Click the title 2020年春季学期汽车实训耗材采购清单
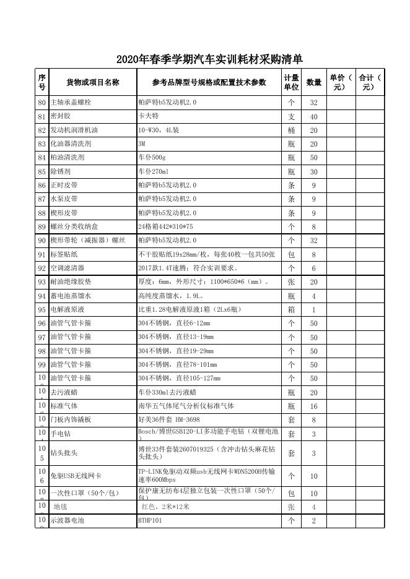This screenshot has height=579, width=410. (209, 59)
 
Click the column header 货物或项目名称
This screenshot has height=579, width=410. (93, 82)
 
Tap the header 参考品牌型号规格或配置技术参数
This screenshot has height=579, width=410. (209, 82)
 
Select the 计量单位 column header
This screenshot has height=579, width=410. (291, 82)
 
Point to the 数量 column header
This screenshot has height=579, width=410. (314, 82)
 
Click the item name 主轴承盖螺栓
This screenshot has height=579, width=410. (71, 102)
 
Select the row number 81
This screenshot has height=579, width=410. (41, 116)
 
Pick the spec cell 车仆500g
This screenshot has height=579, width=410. (151, 157)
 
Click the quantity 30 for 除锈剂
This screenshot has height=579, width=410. (314, 171)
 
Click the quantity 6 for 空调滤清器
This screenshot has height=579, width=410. (314, 268)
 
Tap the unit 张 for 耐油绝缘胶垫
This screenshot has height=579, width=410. (291, 282)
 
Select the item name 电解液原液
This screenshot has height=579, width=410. (67, 309)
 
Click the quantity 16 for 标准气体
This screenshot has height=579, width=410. (314, 406)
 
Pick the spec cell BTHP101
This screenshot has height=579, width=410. (150, 521)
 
